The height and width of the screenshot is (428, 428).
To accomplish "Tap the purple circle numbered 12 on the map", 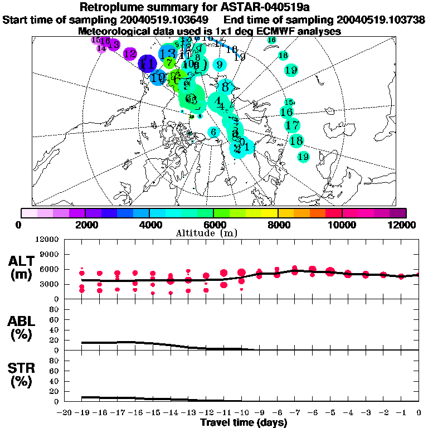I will [130, 54].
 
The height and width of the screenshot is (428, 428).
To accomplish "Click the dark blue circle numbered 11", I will [148, 64].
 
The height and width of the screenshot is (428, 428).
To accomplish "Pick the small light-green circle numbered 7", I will [169, 62].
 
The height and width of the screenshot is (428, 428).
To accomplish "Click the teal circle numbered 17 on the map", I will [292, 125].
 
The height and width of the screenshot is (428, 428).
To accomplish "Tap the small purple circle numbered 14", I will [101, 48].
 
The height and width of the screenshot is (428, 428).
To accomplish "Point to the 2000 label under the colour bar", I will [85, 225].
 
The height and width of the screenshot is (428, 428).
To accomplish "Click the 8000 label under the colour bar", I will [278, 225].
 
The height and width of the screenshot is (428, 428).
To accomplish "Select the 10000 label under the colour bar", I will [342, 225].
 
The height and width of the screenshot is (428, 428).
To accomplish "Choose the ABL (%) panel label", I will [22, 328].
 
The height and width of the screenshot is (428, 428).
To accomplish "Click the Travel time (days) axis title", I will [244, 422].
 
